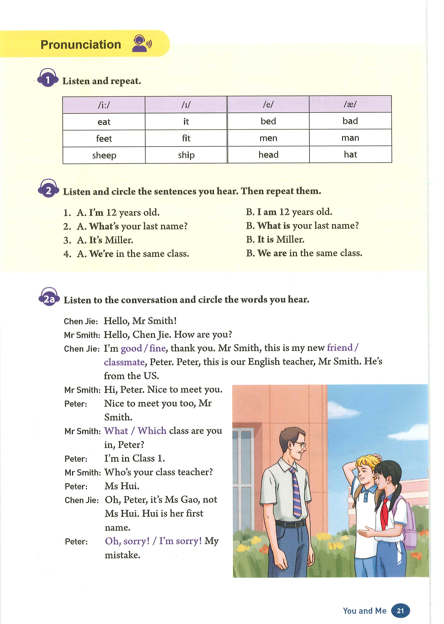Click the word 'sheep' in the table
pyautogui.click(x=104, y=155)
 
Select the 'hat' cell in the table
pyautogui.click(x=350, y=155)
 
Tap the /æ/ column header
pyautogui.click(x=350, y=104)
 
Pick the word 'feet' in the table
pyautogui.click(x=104, y=138)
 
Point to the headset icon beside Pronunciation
pyautogui.click(x=141, y=44)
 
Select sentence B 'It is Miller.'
pyautogui.click(x=275, y=239)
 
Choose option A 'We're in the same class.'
pyautogui.click(x=133, y=254)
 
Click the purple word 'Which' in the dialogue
pyautogui.click(x=152, y=431)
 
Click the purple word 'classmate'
pyautogui.click(x=124, y=362)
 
